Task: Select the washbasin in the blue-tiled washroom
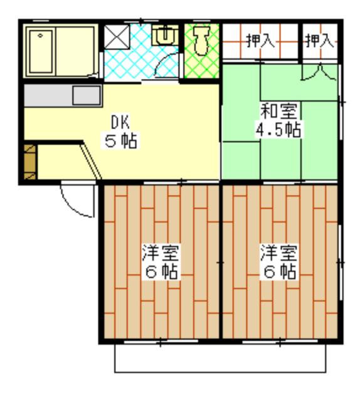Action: [164, 35]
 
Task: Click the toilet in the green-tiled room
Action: [201, 41]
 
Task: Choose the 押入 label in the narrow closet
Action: [319, 42]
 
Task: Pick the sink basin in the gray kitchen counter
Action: [86, 96]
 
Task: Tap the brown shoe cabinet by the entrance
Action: [29, 161]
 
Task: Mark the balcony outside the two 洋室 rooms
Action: [220, 357]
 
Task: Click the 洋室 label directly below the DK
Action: [160, 254]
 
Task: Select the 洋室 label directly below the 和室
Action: [278, 254]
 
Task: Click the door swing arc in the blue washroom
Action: [164, 64]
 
